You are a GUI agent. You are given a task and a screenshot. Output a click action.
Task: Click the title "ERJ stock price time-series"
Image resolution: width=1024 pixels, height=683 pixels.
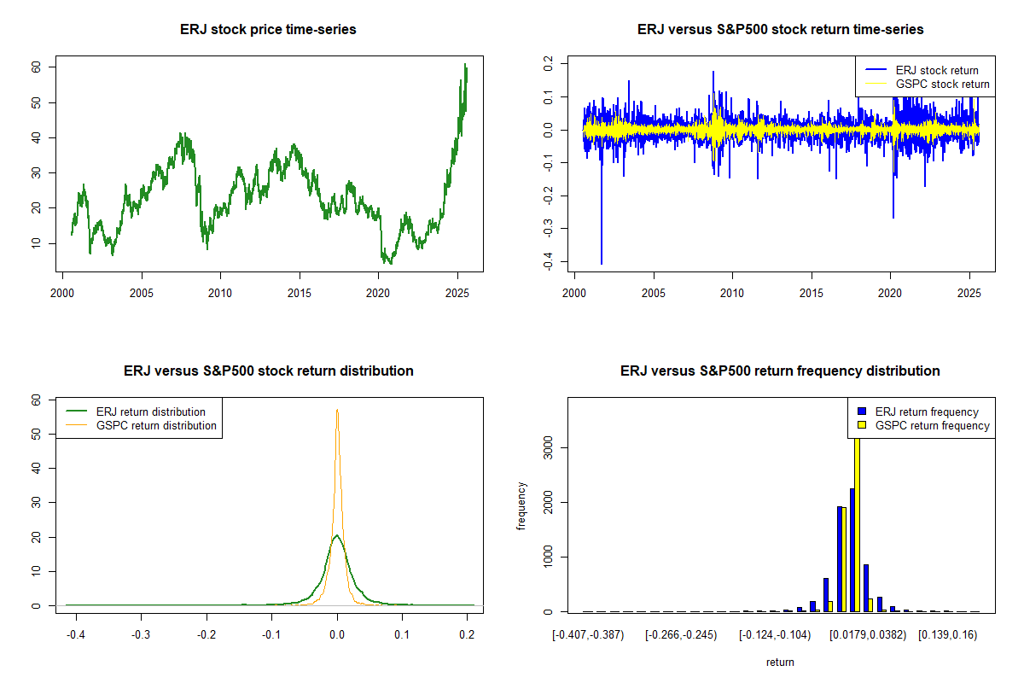(268, 30)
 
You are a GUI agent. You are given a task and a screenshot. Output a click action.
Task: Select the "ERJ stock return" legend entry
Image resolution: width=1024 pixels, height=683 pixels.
(937, 70)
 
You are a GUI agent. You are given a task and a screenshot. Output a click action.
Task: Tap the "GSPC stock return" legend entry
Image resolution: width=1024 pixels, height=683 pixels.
(942, 84)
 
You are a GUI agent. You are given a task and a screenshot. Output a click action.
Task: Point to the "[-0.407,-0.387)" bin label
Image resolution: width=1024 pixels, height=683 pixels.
(588, 635)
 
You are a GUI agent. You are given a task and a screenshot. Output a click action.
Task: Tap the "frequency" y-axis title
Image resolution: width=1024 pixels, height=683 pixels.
(521, 506)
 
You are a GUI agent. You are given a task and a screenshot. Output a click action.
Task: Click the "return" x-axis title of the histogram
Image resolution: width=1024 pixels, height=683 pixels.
(780, 662)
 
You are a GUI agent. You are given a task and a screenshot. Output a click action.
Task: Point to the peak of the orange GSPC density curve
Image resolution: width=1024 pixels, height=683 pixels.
(337, 410)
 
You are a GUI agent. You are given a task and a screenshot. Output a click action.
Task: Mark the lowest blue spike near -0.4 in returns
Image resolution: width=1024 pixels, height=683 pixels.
(602, 263)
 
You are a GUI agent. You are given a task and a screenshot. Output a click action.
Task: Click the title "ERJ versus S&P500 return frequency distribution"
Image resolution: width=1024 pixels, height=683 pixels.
(780, 371)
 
